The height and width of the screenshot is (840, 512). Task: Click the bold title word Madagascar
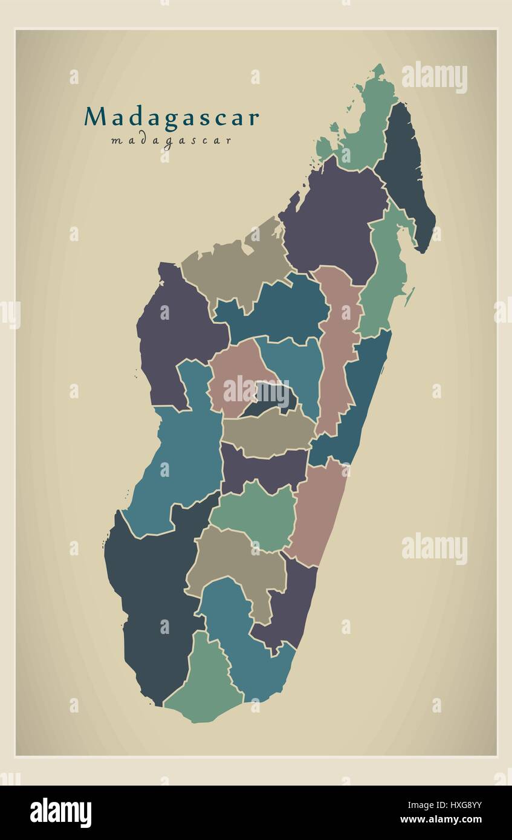click(x=172, y=117)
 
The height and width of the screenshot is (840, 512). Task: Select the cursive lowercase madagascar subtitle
click(x=171, y=141)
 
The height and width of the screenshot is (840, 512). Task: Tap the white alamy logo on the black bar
click(x=60, y=812)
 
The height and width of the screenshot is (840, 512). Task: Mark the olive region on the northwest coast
click(x=236, y=266)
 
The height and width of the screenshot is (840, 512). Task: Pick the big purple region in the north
click(x=332, y=224)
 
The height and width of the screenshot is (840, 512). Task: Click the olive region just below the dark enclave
click(x=269, y=432)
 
